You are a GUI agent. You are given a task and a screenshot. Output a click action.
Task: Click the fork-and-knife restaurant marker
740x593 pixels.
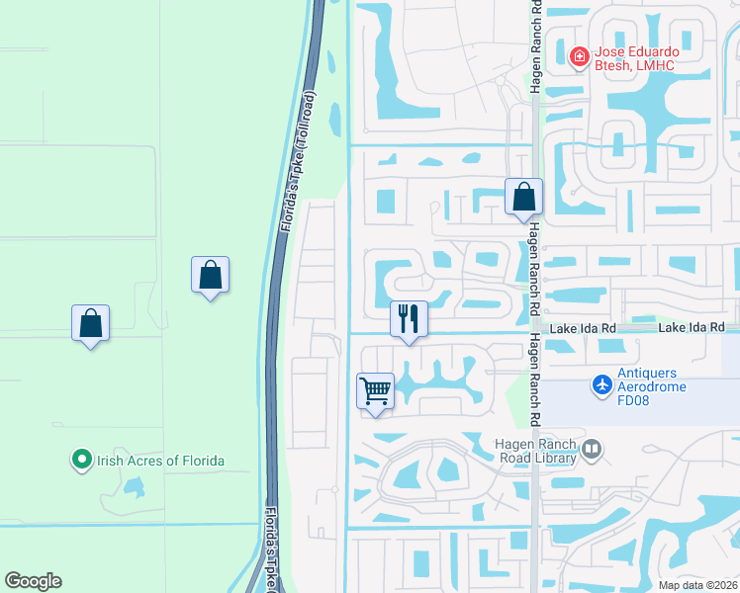click(409, 319)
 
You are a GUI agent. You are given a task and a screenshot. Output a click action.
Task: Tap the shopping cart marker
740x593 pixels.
click(376, 391)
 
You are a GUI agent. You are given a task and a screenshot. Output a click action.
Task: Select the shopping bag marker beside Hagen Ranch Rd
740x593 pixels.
click(524, 197)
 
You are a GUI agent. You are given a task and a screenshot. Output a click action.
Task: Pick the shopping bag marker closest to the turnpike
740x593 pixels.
click(210, 275)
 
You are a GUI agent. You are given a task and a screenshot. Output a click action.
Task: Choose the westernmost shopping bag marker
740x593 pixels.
click(90, 323)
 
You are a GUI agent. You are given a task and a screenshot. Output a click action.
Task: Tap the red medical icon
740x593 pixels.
click(580, 57)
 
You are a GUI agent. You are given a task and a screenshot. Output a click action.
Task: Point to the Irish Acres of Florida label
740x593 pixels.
click(159, 461)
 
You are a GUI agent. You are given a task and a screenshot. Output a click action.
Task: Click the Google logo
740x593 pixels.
click(33, 581)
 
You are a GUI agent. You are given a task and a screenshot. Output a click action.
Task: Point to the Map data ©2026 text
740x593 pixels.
click(697, 585)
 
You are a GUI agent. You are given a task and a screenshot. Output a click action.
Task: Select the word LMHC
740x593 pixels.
click(656, 65)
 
